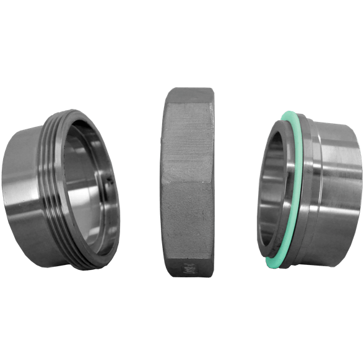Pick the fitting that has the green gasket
306,189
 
